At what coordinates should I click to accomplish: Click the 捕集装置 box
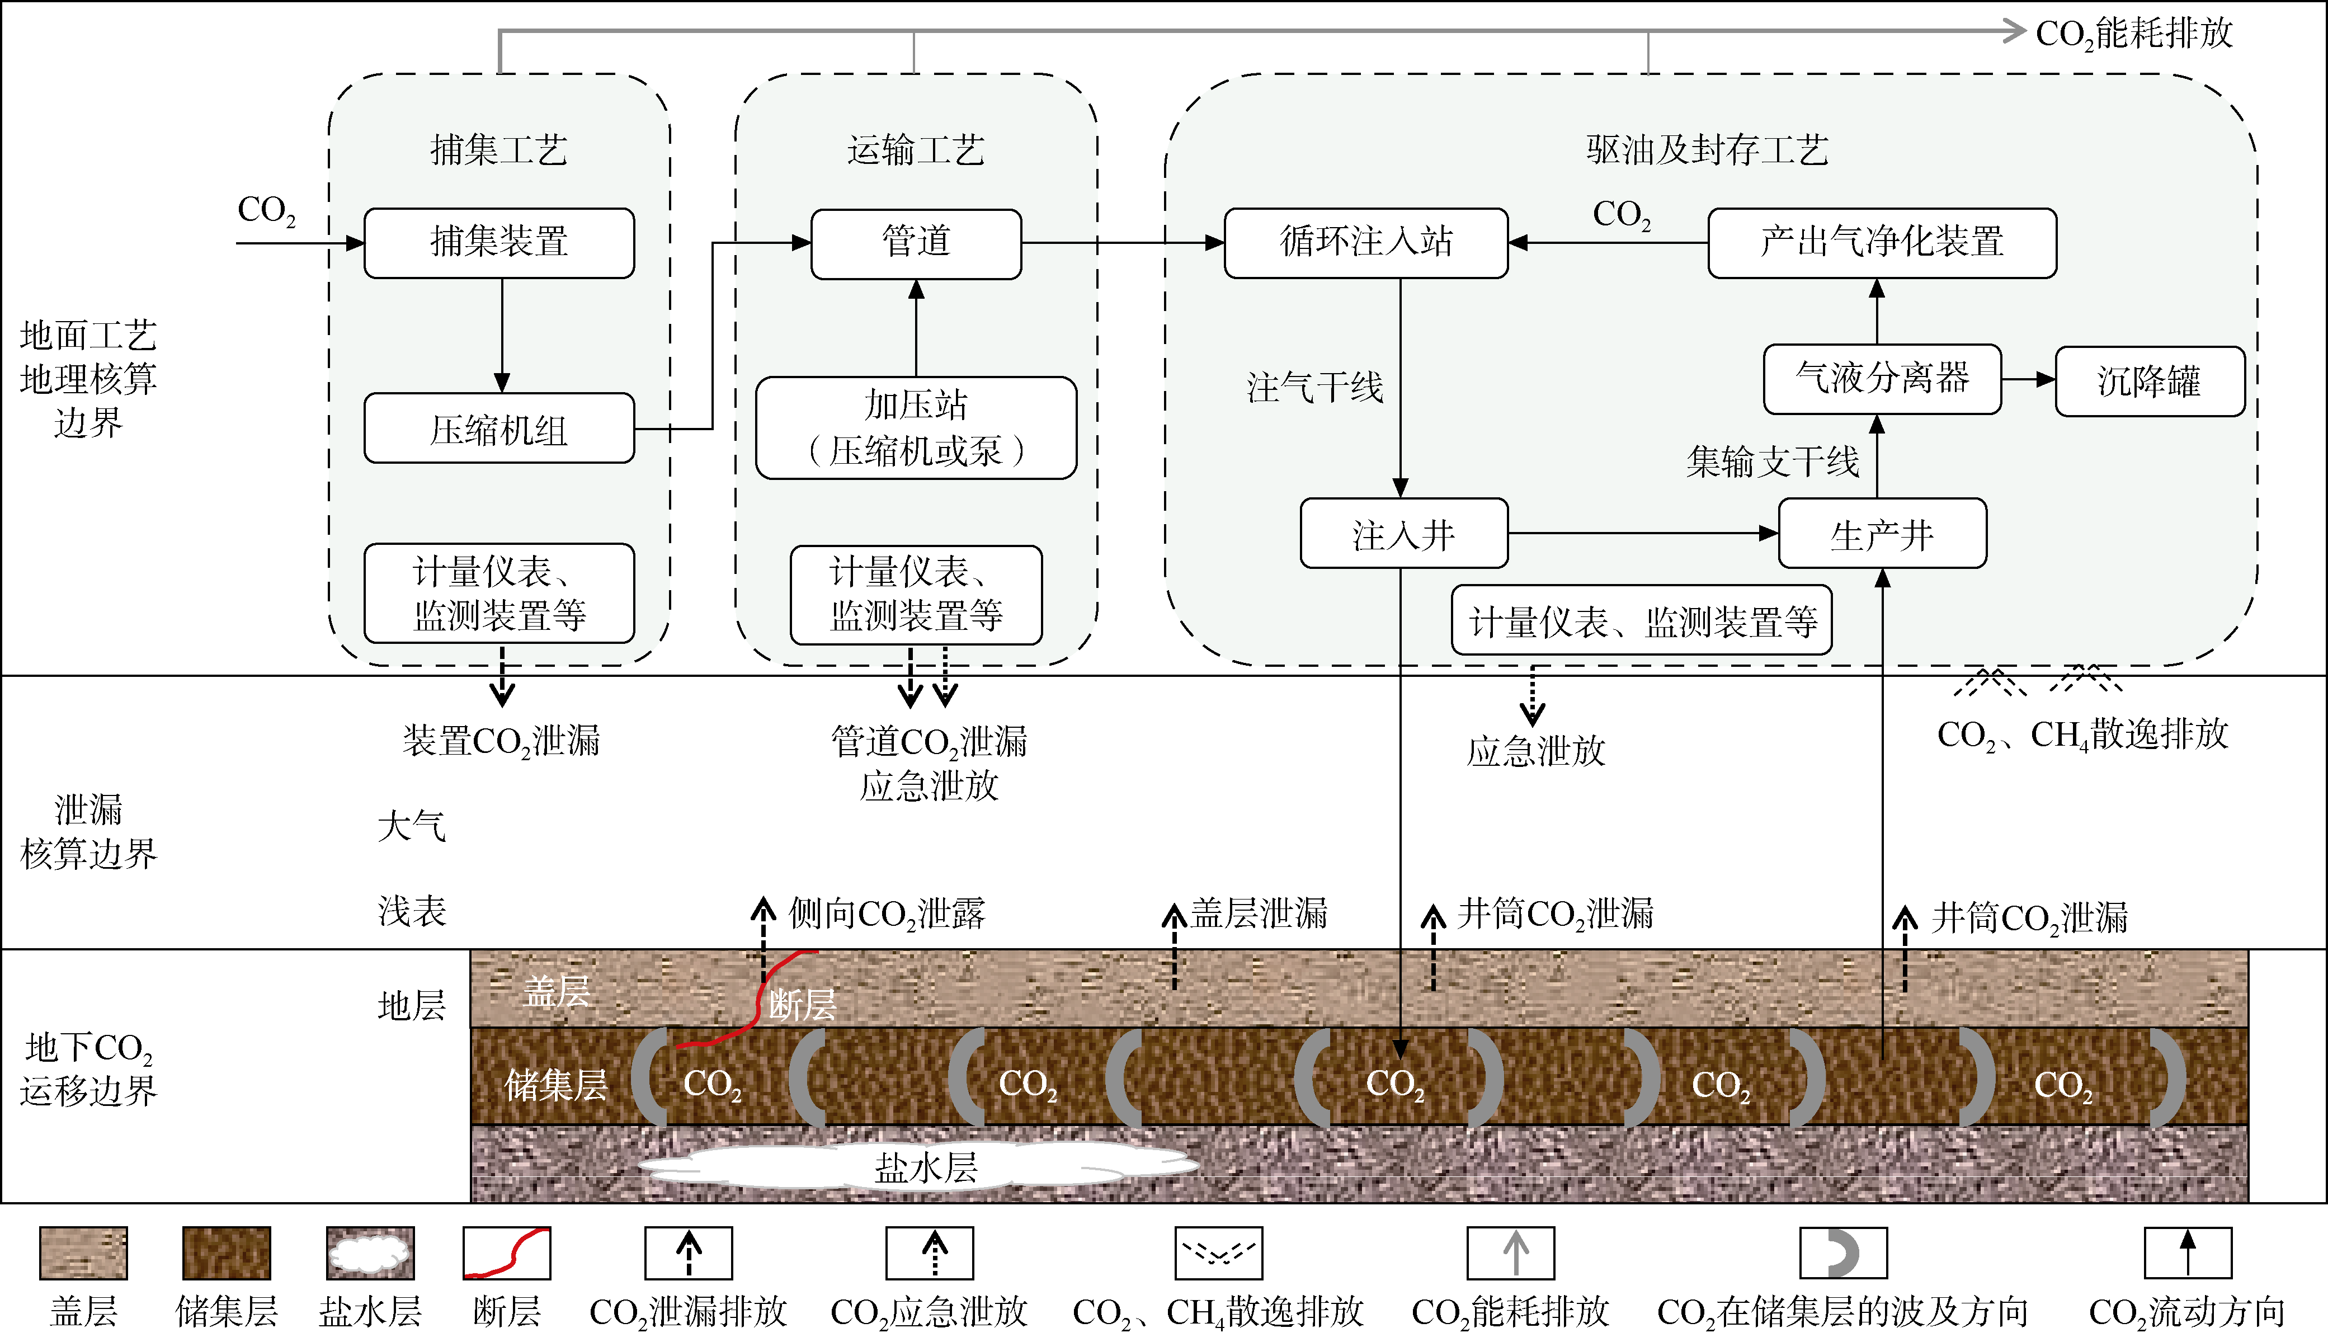pyautogui.click(x=498, y=242)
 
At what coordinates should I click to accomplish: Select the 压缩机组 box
pyautogui.click(x=498, y=429)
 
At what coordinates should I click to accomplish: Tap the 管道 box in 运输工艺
pyautogui.click(x=915, y=242)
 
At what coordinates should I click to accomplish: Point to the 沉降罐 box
pyautogui.click(x=2148, y=380)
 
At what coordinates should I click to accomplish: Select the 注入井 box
pyautogui.click(x=1403, y=534)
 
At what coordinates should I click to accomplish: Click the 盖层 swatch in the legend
pyautogui.click(x=83, y=1252)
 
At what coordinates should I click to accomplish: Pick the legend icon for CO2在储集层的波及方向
pyautogui.click(x=1842, y=1252)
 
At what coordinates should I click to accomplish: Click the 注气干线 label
pyautogui.click(x=1314, y=387)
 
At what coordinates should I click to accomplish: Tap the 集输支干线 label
pyautogui.click(x=1771, y=462)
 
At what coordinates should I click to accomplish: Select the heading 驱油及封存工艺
pyautogui.click(x=1707, y=149)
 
